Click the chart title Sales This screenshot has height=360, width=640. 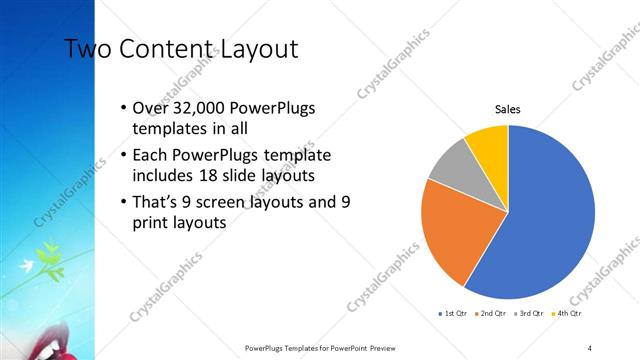(508, 110)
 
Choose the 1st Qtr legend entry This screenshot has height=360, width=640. (454, 314)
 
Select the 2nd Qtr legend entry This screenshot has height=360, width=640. (491, 314)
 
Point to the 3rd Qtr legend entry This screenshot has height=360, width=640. (528, 314)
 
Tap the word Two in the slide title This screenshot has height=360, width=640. (86, 49)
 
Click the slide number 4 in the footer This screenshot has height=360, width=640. (590, 348)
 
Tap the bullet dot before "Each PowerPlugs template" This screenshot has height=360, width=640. (122, 157)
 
